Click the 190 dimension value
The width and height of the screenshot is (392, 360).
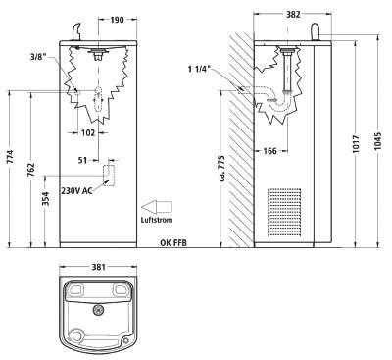coord(117,20)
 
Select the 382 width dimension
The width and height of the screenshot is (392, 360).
coord(293,14)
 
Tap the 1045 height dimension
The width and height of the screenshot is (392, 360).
coord(378,141)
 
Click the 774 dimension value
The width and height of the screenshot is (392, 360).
coord(10,157)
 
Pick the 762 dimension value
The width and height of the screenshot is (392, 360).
coord(30,170)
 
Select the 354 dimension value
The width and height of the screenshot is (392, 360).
coord(45,199)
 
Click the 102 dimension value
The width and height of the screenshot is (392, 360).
coord(88,133)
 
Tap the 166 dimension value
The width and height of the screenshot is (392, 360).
coord(269,151)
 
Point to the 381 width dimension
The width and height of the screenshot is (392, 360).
coord(98,267)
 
